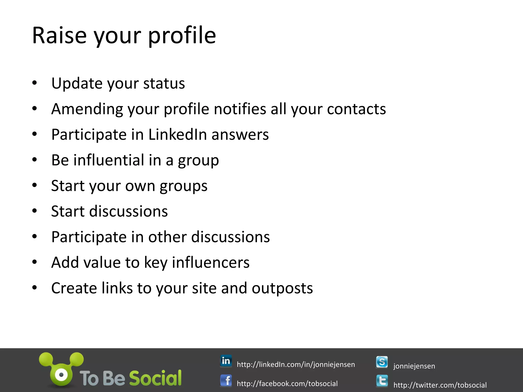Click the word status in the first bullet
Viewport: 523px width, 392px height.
[x=164, y=83]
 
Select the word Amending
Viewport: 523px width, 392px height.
[x=87, y=109]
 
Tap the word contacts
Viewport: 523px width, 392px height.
[x=356, y=109]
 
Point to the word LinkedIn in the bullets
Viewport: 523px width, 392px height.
[x=177, y=134]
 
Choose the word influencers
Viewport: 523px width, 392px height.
[x=210, y=262]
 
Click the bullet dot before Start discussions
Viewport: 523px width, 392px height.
[x=35, y=211]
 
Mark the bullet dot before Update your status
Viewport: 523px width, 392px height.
[x=35, y=83]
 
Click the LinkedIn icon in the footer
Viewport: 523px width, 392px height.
[x=226, y=361]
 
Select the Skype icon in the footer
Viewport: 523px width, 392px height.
[x=382, y=362]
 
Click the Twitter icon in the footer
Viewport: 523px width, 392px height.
[x=382, y=381]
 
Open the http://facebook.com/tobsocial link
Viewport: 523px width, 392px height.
[x=287, y=384]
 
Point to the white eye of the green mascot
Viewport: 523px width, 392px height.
[x=62, y=375]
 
